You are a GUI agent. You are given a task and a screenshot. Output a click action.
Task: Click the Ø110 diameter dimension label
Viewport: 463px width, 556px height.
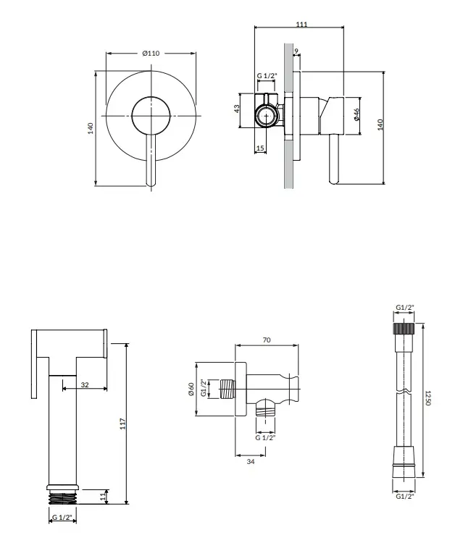tap(151, 54)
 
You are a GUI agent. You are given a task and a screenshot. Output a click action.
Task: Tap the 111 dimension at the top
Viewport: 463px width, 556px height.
tap(301, 24)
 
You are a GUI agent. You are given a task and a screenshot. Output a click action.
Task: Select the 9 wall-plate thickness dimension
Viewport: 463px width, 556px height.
tap(296, 51)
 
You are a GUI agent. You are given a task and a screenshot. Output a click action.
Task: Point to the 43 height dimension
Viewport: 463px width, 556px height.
tap(237, 109)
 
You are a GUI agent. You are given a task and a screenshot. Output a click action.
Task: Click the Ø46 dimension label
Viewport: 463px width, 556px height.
tap(356, 114)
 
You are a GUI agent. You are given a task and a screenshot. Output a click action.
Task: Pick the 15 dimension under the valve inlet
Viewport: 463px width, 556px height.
tap(260, 148)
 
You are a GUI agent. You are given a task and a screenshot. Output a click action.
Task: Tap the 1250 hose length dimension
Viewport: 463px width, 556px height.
tap(427, 398)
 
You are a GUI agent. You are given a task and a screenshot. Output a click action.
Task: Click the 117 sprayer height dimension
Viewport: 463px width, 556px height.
tap(122, 424)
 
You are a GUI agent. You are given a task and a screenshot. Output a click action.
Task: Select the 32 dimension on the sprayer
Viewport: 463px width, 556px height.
tap(85, 384)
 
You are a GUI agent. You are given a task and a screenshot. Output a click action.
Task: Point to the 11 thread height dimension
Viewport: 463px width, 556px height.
tap(103, 497)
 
